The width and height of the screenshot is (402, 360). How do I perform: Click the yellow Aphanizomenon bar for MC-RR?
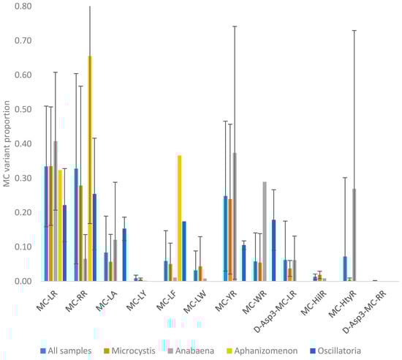pos(90,168)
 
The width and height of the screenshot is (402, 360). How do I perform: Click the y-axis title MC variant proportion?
pos(7,143)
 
